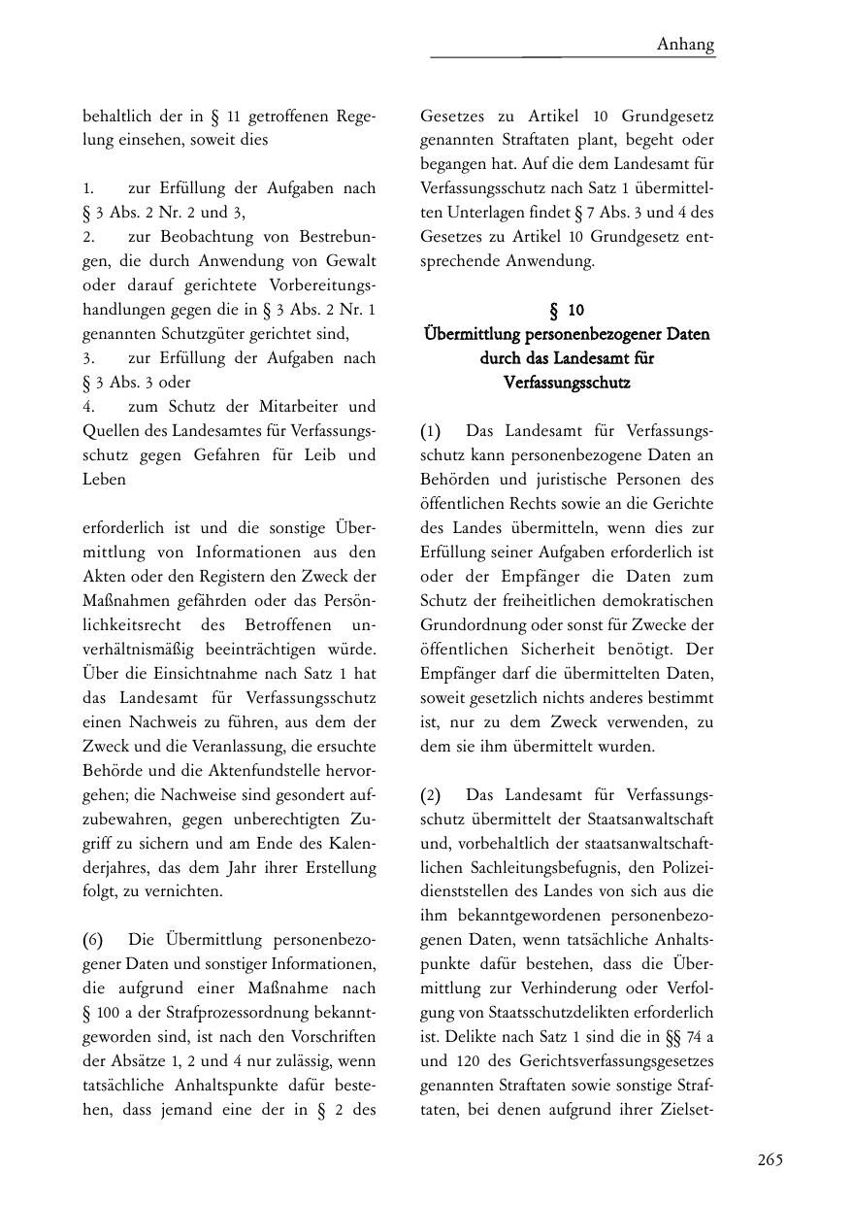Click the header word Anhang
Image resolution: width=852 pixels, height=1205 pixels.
pyautogui.click(x=685, y=44)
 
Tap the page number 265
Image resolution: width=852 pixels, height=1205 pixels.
pyautogui.click(x=770, y=1159)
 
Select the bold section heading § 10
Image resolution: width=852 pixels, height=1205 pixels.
pyautogui.click(x=567, y=310)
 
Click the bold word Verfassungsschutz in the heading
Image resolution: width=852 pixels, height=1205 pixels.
pyautogui.click(x=567, y=383)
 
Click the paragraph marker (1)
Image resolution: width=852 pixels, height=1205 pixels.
pyautogui.click(x=431, y=430)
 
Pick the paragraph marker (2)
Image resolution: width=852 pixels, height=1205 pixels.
pyautogui.click(x=431, y=795)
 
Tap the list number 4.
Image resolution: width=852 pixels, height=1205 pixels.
pyautogui.click(x=87, y=406)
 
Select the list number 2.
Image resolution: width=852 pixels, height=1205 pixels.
pyautogui.click(x=87, y=236)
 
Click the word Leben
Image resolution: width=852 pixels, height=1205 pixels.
pyautogui.click(x=104, y=479)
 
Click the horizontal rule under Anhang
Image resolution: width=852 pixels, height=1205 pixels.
pyautogui.click(x=573, y=57)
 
